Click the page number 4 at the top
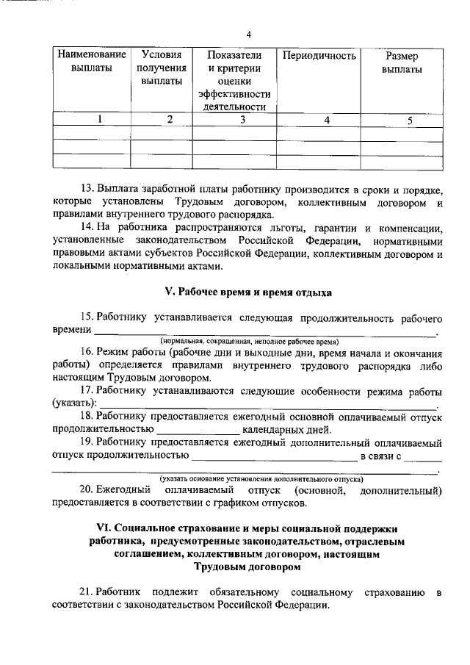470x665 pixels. [x=249, y=35]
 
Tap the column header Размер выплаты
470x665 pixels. [x=401, y=62]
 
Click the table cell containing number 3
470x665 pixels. [x=233, y=119]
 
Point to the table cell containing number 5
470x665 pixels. [x=401, y=119]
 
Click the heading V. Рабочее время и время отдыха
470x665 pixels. [x=247, y=292]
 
